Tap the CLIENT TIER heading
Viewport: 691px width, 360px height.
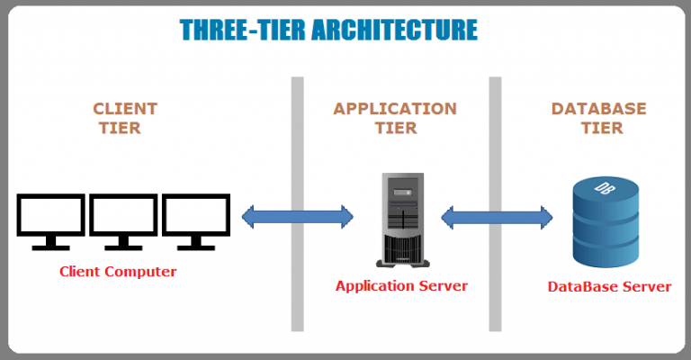[x=124, y=118]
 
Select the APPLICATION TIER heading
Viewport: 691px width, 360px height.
[x=395, y=118]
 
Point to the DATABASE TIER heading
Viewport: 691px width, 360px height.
[x=598, y=118]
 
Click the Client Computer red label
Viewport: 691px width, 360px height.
[x=118, y=271]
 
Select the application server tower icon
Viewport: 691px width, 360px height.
[x=401, y=221]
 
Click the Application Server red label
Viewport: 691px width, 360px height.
[x=401, y=286]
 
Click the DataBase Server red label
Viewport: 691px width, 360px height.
[x=609, y=287]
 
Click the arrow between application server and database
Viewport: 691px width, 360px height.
[x=496, y=216]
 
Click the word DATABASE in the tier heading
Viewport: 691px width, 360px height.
[x=598, y=109]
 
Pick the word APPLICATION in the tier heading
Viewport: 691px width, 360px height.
[x=395, y=109]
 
